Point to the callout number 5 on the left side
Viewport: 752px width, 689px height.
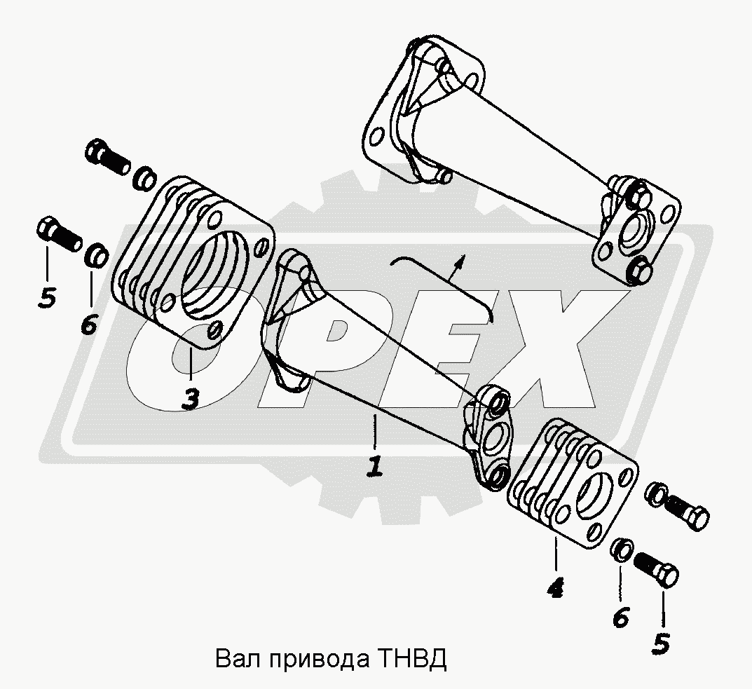click(47, 298)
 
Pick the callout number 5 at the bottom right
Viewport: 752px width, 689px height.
click(661, 643)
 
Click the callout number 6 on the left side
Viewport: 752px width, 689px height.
click(90, 325)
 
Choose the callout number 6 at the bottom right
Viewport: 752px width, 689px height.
click(621, 617)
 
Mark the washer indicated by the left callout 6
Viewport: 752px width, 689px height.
click(97, 257)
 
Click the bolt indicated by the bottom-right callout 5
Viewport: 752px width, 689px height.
click(657, 569)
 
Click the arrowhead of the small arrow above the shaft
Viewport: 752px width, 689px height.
click(460, 260)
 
